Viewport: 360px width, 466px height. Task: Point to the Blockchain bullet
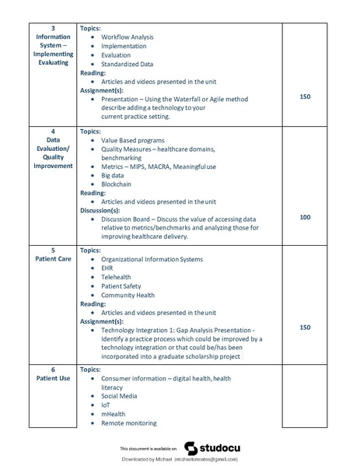tap(117, 184)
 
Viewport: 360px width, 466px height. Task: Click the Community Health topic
tap(128, 295)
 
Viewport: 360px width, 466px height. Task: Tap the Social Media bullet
tap(120, 396)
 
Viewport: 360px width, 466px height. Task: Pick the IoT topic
tap(106, 405)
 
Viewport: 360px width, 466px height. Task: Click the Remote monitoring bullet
tap(129, 423)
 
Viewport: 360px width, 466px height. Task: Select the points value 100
tap(305, 217)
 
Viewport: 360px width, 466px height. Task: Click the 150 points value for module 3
tap(305, 97)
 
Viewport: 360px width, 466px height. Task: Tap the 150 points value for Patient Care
tap(305, 328)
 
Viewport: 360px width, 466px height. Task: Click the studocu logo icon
tap(190, 448)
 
